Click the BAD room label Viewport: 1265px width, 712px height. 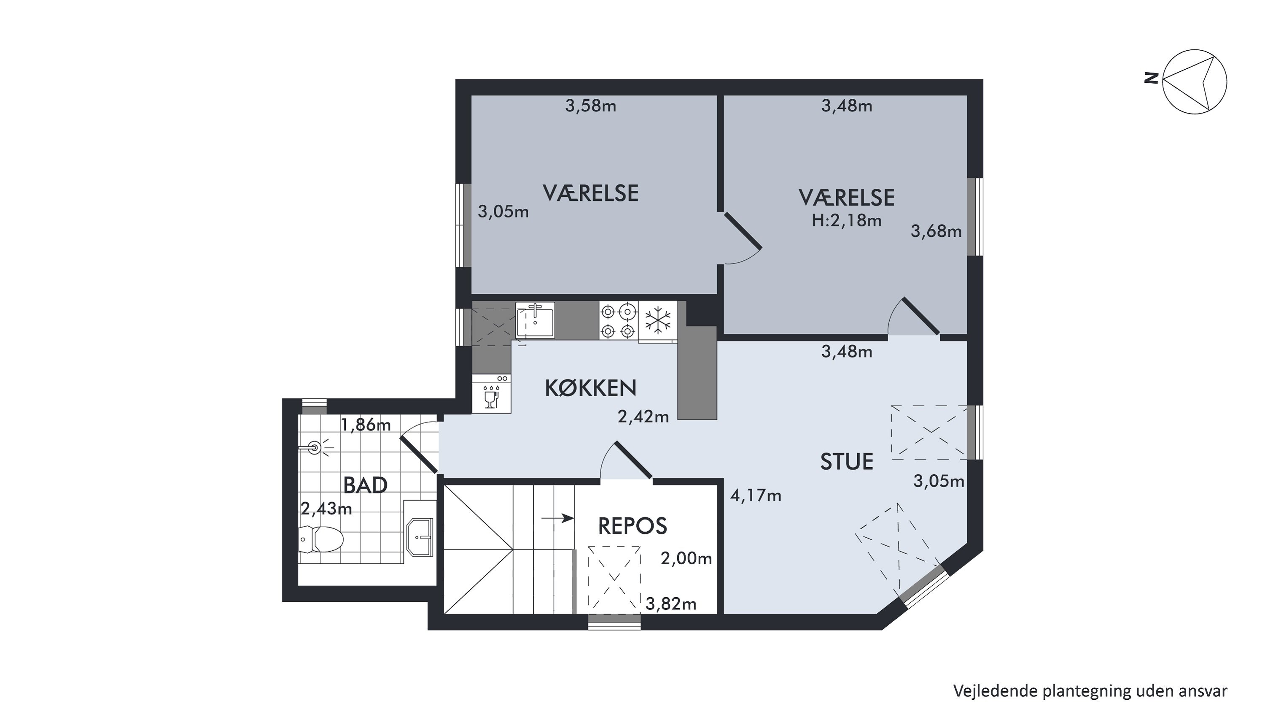[x=365, y=485]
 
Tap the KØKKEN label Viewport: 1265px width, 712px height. [x=591, y=388]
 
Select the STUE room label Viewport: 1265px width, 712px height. [x=847, y=462]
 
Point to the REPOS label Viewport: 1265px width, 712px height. [x=632, y=526]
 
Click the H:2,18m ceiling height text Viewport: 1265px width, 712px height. [x=847, y=221]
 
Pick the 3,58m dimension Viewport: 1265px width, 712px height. [x=591, y=106]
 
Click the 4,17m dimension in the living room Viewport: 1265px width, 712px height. [x=756, y=495]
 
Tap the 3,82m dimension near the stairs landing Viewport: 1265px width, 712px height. [x=671, y=604]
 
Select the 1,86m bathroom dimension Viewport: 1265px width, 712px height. [x=366, y=425]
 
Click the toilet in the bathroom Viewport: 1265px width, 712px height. [x=320, y=539]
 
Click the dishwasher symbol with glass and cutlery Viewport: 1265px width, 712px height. [x=492, y=394]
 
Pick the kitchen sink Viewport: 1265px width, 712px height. [x=535, y=320]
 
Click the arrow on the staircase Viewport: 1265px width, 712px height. [x=558, y=518]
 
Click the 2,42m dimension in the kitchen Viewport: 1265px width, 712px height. [x=643, y=417]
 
